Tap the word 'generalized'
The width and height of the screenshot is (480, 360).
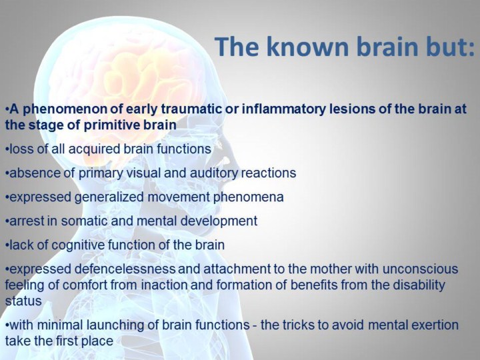[x=115, y=197]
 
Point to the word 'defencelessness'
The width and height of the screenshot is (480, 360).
[x=125, y=269]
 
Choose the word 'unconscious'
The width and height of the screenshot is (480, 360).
[x=420, y=269]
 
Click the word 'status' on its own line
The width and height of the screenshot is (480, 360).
[x=23, y=301]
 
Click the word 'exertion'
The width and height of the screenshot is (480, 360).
[x=435, y=325]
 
